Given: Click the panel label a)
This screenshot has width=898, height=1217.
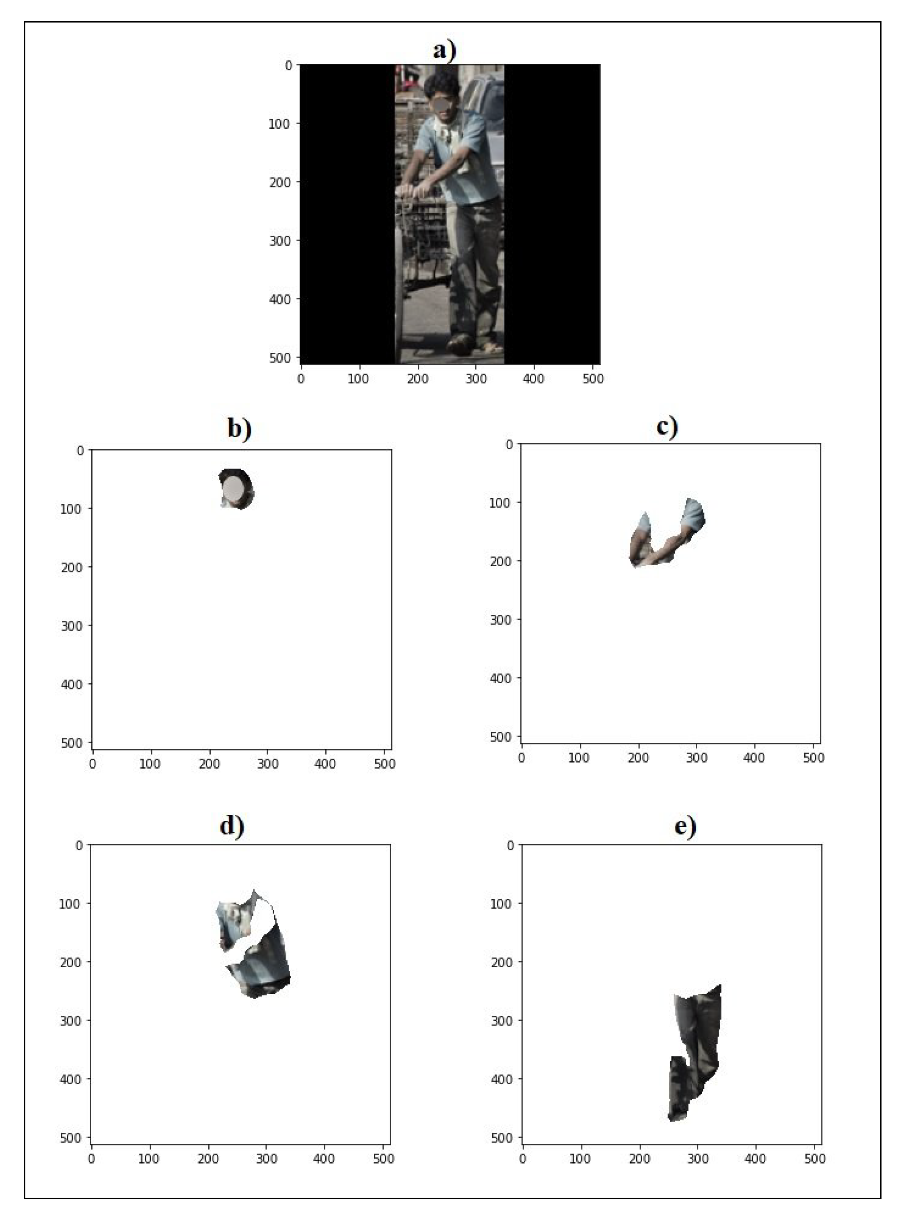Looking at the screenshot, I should pyautogui.click(x=444, y=51).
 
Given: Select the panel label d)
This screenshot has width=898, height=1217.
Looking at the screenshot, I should pyautogui.click(x=232, y=826).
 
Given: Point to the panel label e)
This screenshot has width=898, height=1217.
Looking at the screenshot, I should pyautogui.click(x=685, y=826).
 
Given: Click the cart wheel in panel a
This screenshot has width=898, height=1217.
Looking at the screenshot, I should pyautogui.click(x=399, y=294).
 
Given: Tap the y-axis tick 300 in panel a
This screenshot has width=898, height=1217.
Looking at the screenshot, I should pyautogui.click(x=280, y=241).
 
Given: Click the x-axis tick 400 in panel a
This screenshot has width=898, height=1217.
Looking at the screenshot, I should pyautogui.click(x=533, y=379).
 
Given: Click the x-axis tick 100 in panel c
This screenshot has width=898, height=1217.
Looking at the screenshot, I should pyautogui.click(x=579, y=758).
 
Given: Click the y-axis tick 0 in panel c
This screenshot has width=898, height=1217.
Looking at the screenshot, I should pyautogui.click(x=510, y=445).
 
